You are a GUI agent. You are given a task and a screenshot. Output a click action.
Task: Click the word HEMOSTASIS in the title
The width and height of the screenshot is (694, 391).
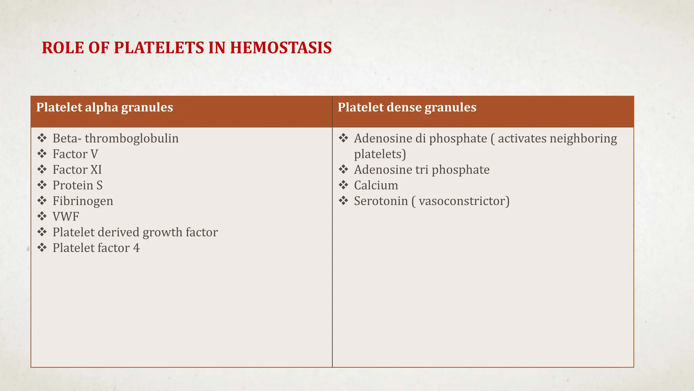(281, 48)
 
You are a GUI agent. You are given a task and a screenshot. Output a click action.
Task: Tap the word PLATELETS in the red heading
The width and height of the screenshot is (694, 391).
(159, 48)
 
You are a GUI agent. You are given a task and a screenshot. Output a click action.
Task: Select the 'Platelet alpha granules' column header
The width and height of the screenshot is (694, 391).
(105, 108)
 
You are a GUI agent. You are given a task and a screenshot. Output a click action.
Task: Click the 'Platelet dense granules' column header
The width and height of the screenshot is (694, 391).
(407, 108)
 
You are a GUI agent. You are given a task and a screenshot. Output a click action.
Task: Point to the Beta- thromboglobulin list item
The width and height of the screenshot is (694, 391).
(115, 138)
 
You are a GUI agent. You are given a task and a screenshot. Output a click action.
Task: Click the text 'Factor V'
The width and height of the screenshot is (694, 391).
(75, 154)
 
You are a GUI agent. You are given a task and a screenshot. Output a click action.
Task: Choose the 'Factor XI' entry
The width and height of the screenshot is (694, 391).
(77, 170)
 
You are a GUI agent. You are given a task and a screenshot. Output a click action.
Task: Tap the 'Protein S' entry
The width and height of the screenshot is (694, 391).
(77, 185)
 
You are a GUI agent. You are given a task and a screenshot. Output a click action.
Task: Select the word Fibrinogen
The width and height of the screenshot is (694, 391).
(83, 201)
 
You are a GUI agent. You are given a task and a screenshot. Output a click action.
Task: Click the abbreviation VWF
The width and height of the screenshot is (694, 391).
(66, 217)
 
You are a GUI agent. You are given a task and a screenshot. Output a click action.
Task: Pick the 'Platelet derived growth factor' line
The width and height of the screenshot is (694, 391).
(135, 232)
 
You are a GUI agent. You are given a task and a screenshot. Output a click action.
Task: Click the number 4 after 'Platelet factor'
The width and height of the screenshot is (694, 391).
(136, 248)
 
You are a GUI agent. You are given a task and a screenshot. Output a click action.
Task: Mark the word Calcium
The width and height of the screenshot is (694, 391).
(376, 185)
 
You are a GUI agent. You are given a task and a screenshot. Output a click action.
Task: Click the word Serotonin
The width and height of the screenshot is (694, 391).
(381, 201)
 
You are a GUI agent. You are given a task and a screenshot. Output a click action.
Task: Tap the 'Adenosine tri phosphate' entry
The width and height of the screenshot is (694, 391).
(422, 170)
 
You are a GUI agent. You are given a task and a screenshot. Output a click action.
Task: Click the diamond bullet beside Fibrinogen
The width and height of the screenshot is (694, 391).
(42, 201)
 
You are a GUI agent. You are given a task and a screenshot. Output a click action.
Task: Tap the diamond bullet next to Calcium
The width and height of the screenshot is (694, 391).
(343, 185)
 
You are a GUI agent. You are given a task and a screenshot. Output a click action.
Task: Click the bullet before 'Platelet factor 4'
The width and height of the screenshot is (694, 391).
(42, 247)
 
